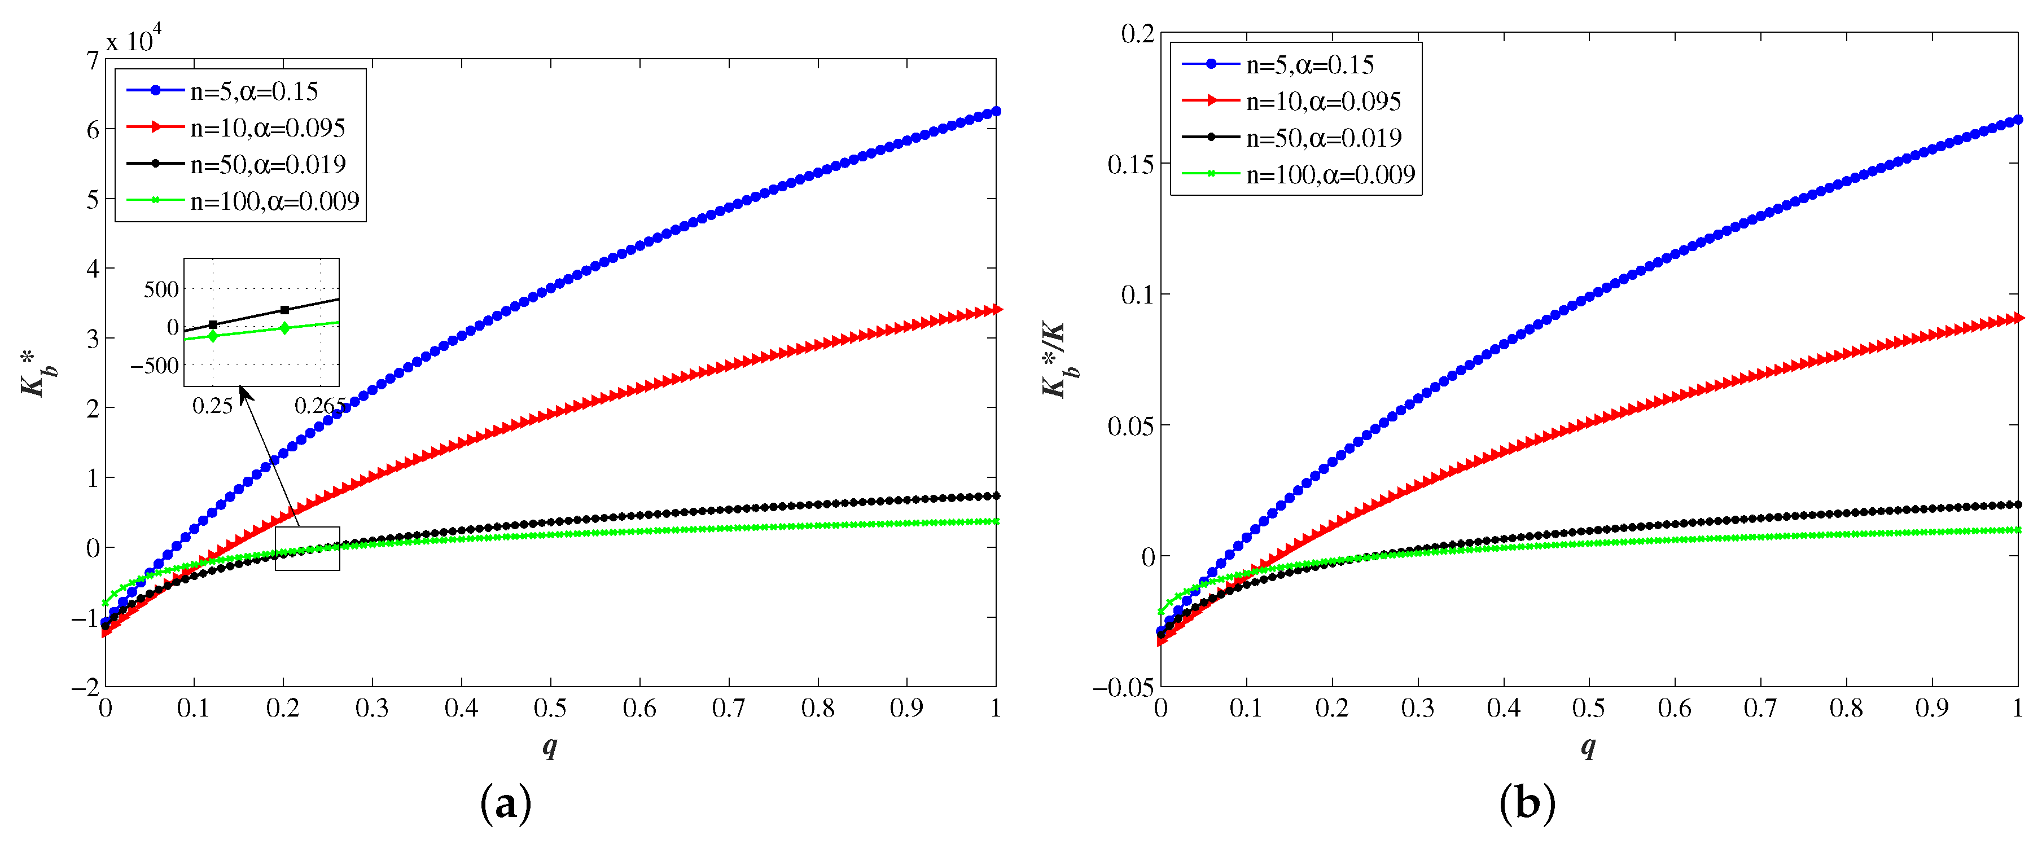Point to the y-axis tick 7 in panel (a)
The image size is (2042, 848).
(x=93, y=60)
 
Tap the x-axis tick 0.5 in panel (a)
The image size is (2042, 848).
(x=550, y=708)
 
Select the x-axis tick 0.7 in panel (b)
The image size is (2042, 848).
(x=1760, y=708)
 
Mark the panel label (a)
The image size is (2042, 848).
(x=506, y=803)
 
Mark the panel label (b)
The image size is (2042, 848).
(x=1527, y=803)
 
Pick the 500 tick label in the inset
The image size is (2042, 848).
(x=161, y=289)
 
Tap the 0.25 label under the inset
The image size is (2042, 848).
(x=212, y=406)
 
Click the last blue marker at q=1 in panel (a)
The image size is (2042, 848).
(x=996, y=112)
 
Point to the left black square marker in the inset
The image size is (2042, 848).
(x=212, y=325)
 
